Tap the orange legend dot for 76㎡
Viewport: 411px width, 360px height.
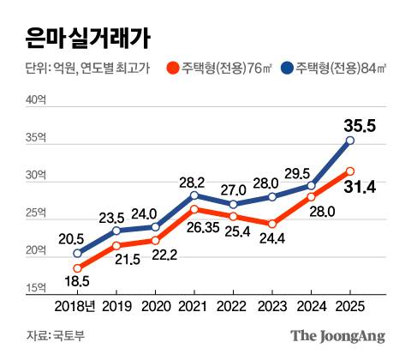coord(173,69)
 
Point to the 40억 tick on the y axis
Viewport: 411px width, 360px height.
coord(37,101)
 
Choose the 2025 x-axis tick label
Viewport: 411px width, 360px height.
coord(349,305)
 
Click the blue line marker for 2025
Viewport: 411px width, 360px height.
coord(349,141)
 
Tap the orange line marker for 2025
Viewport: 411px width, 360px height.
coord(349,171)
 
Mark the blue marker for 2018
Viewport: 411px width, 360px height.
coord(78,254)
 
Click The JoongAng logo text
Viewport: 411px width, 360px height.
coord(337,335)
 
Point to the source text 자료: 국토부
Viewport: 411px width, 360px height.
coord(50,335)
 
